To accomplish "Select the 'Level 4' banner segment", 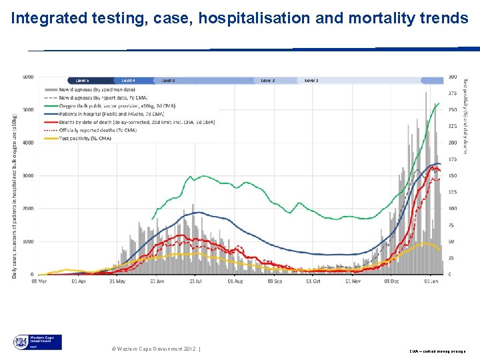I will pyautogui.click(x=128, y=80).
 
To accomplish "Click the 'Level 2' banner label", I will pyautogui.click(x=267, y=80).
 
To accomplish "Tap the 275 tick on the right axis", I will pyautogui.click(x=453, y=93).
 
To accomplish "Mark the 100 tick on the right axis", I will pyautogui.click(x=453, y=209).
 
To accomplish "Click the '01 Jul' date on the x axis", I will pyautogui.click(x=195, y=282).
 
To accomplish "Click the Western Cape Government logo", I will pyautogui.click(x=37, y=343).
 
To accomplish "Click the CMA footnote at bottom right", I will pyautogui.click(x=438, y=350).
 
